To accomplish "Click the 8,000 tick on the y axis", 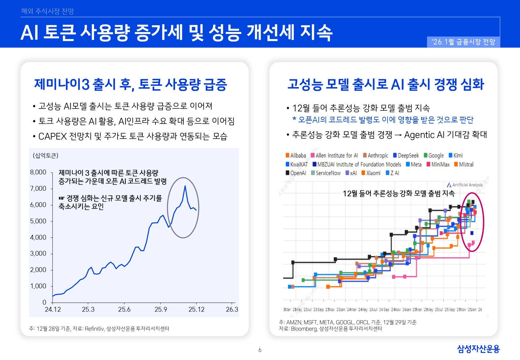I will pyautogui.click(x=38, y=172).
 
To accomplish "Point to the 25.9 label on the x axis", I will pyautogui.click(x=161, y=309).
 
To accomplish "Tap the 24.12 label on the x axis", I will pyautogui.click(x=53, y=309).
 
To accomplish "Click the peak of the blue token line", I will pyautogui.click(x=185, y=186).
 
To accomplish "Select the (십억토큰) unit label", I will pyautogui.click(x=45, y=156).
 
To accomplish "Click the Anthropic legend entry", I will pyautogui.click(x=376, y=156).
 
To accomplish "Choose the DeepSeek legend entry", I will pyautogui.click(x=406, y=156).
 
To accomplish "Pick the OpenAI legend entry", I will pyautogui.click(x=296, y=173).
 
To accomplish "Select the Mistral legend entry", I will pyautogui.click(x=464, y=164).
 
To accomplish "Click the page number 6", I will pyautogui.click(x=260, y=350).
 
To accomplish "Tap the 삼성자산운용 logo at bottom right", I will pyautogui.click(x=478, y=349).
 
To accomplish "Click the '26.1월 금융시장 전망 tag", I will pyautogui.click(x=463, y=42).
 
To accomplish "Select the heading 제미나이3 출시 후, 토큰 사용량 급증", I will pyautogui.click(x=131, y=84).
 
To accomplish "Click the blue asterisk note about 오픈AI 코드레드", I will pyautogui.click(x=383, y=120).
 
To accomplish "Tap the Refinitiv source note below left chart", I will pyautogui.click(x=99, y=329).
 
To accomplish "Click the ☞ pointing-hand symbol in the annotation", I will pyautogui.click(x=61, y=198).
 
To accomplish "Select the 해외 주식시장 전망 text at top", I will pyautogui.click(x=47, y=11).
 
